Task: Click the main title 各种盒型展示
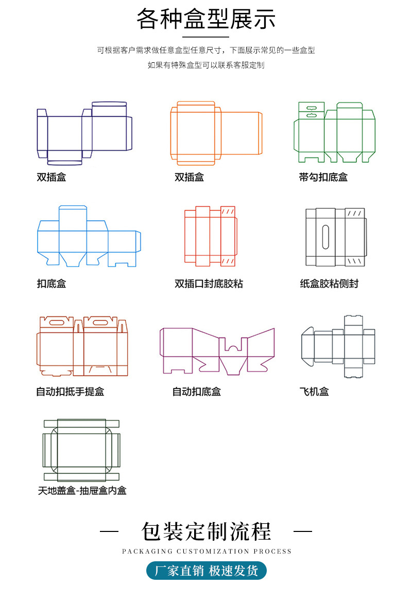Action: pos(206,20)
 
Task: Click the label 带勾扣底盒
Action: pos(323,177)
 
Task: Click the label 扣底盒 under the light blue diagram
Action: pos(51,283)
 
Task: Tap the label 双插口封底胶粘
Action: pos(209,283)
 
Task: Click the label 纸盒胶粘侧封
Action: pos(329,283)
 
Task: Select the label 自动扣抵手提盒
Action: pos(70,392)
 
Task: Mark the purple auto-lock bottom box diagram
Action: pos(217,350)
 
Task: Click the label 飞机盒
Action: pos(314,392)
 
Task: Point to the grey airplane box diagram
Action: pos(338,346)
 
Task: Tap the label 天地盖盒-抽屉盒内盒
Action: pos(82,490)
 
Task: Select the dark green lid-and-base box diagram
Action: pos(81,450)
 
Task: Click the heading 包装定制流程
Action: pos(206,531)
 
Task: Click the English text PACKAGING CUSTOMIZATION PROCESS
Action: pos(207,551)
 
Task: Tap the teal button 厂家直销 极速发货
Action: pos(207,571)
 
